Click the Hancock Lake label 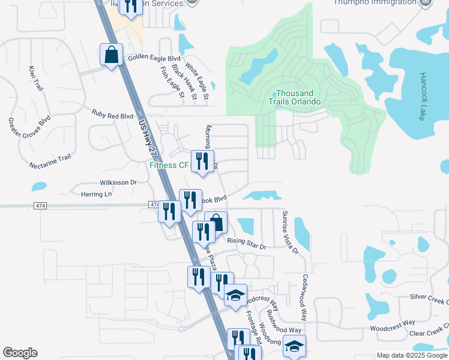tap(421, 97)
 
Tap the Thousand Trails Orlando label tap(294, 98)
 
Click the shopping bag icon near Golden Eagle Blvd tap(112, 55)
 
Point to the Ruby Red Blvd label tap(112, 114)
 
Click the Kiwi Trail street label tap(36, 79)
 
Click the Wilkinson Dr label tap(118, 182)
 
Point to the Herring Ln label tap(96, 194)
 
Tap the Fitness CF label tap(169, 165)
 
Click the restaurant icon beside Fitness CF tap(202, 161)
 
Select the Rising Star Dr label tap(246, 241)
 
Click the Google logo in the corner tap(20, 353)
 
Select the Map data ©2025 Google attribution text tap(411, 355)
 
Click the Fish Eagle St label tap(172, 82)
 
